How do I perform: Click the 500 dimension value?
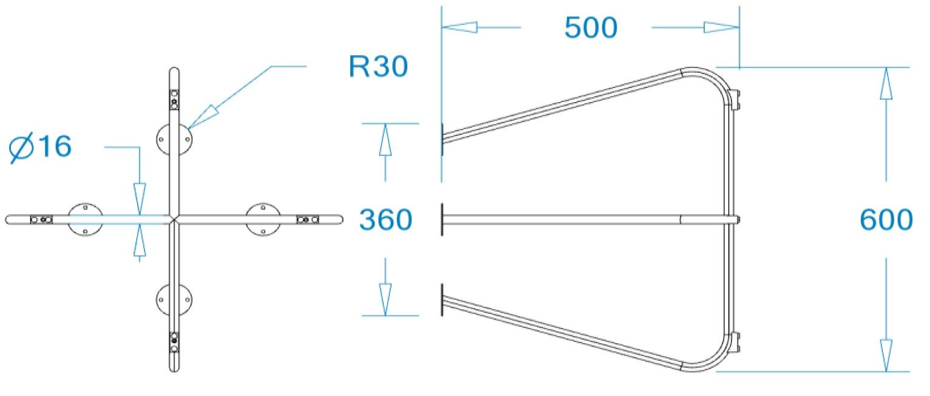pyautogui.click(x=591, y=28)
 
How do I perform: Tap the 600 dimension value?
pyautogui.click(x=886, y=220)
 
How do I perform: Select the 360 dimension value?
pyautogui.click(x=385, y=220)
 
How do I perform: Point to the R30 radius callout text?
pyautogui.click(x=378, y=67)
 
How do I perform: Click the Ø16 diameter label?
pyautogui.click(x=41, y=148)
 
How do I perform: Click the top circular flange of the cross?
pyautogui.click(x=174, y=139)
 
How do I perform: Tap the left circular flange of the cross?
pyautogui.click(x=86, y=219)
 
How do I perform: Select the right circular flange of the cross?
pyautogui.click(x=263, y=219)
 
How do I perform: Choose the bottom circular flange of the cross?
pyautogui.click(x=174, y=299)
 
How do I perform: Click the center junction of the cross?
pyautogui.click(x=174, y=219)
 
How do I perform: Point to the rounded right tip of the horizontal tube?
pyautogui.click(x=339, y=219)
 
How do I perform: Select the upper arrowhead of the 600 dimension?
pyautogui.click(x=886, y=83)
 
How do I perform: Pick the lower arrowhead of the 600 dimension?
pyautogui.click(x=886, y=356)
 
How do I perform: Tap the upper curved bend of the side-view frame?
pyautogui.click(x=710, y=79)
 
